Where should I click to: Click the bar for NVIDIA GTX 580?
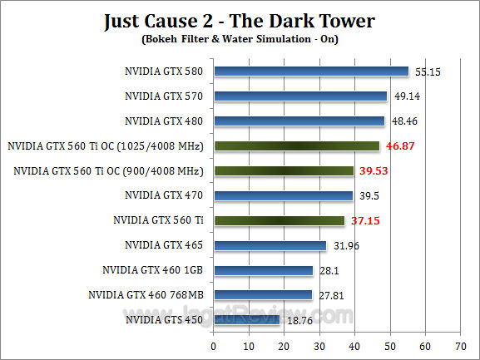[311, 72]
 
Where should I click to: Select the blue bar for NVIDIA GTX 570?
[300, 96]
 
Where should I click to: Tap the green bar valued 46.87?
[296, 146]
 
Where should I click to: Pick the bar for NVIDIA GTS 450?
[247, 319]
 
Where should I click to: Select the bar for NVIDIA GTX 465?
[270, 245]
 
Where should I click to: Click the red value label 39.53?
[373, 171]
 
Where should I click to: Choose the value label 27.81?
[330, 294]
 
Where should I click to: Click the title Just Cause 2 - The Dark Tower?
[240, 20]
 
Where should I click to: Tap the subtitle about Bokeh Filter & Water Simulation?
[240, 39]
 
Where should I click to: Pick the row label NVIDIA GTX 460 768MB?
[146, 294]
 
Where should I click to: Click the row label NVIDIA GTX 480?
[164, 121]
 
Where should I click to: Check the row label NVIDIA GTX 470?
[164, 195]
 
